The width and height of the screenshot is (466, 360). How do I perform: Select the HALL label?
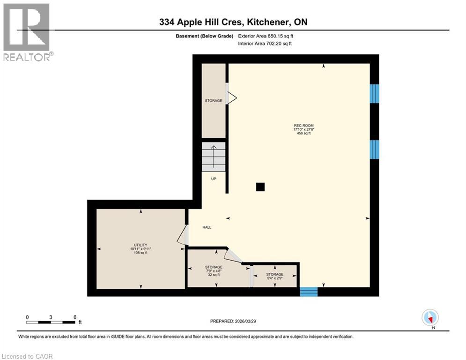point(207,227)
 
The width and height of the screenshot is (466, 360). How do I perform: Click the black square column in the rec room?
point(260,187)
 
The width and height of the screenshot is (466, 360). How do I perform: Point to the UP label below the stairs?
point(214,179)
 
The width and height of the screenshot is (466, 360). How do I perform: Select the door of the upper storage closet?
point(231,97)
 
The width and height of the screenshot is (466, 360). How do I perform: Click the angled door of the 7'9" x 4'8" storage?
point(233,256)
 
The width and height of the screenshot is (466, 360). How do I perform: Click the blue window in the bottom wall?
point(309,292)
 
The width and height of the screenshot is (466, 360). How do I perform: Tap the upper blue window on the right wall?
point(374,93)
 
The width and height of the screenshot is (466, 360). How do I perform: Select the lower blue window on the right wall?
point(374,149)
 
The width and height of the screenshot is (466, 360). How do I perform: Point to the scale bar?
point(51,322)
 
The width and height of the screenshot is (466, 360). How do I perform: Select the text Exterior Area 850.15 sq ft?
point(266,36)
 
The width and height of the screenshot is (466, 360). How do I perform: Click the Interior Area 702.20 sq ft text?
point(266,44)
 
